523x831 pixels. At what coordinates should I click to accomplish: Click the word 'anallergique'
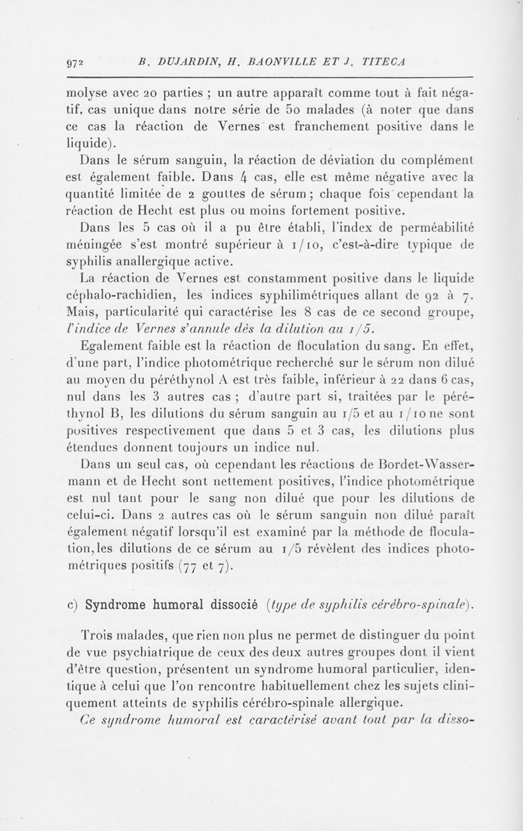(x=163, y=263)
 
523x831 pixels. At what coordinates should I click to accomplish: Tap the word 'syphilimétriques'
(x=297, y=297)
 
